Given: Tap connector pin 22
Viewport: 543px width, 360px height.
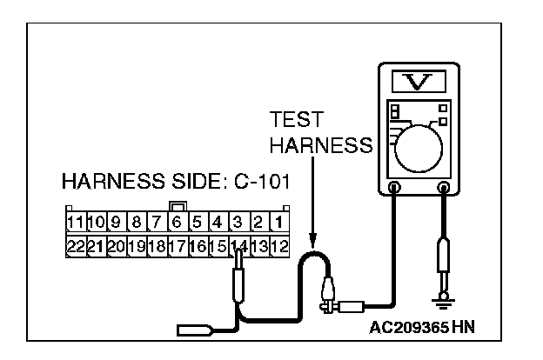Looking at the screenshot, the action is (x=75, y=247).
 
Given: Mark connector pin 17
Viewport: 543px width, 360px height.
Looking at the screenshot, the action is (x=177, y=247).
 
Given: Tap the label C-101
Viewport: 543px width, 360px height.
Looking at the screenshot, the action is (x=261, y=184).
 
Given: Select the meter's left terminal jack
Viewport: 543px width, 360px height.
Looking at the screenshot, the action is (x=394, y=187).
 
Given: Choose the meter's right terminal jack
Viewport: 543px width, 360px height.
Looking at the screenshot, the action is (x=444, y=187).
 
